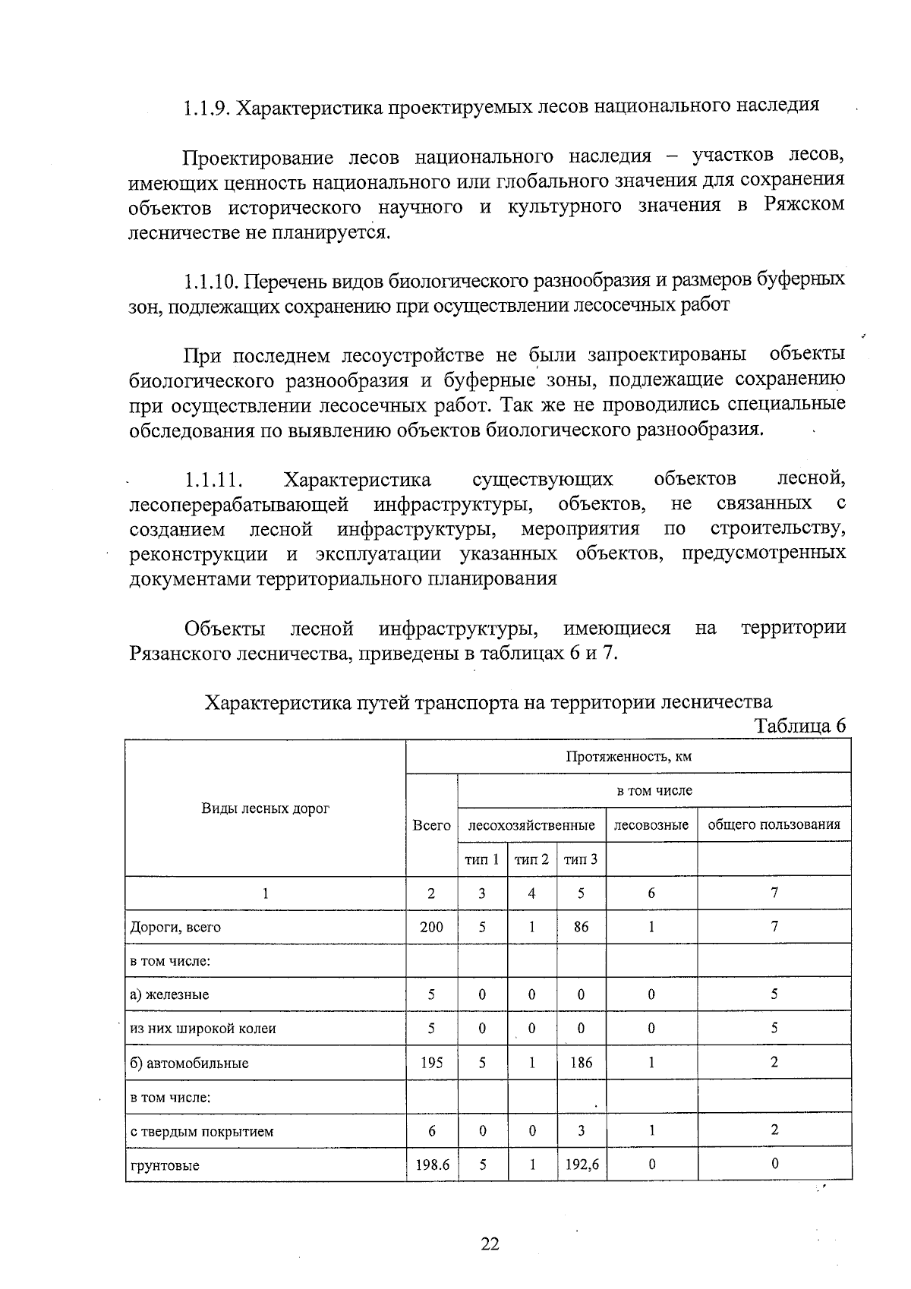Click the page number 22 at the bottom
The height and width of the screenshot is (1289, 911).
(490, 1243)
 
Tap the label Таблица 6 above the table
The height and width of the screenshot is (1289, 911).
(799, 726)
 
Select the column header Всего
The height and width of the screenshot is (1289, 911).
(431, 825)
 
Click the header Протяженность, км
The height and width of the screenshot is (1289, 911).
(628, 757)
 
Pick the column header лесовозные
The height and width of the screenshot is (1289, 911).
(651, 825)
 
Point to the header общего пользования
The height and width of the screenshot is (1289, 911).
(774, 825)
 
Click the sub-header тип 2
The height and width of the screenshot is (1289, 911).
(531, 859)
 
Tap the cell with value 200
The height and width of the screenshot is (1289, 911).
(431, 927)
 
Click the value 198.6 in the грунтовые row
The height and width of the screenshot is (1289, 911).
(431, 1165)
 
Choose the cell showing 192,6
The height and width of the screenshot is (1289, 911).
(581, 1165)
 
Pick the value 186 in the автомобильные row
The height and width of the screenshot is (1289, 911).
(581, 1063)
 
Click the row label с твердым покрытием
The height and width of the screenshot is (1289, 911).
(202, 1131)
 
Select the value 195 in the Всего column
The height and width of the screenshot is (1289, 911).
(431, 1063)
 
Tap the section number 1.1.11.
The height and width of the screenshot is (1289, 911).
(213, 481)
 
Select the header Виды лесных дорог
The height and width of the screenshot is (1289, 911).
(265, 808)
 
